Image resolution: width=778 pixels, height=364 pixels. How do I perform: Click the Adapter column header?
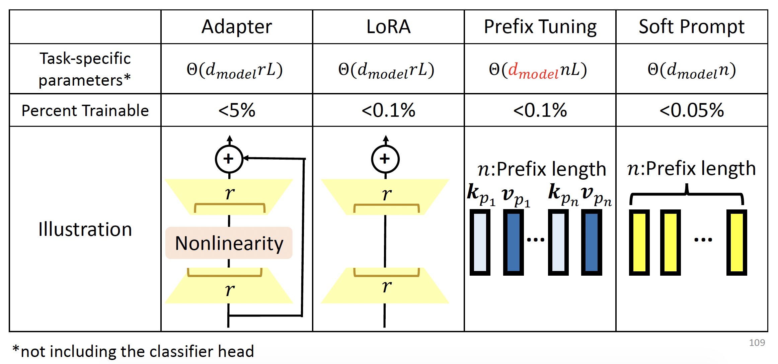point(237,27)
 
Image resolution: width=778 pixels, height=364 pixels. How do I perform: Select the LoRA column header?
point(388,27)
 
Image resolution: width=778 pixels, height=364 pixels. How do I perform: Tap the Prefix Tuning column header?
point(540,27)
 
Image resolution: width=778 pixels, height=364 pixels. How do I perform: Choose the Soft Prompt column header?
point(692,27)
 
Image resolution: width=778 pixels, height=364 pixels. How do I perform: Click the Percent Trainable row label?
point(85,110)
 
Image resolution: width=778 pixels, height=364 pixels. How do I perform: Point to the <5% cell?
point(237,110)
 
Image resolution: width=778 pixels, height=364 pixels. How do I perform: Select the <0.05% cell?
point(692,110)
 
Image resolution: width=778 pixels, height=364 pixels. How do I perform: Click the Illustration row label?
point(85,230)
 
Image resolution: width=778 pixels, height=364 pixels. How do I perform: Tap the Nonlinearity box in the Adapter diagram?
point(229,243)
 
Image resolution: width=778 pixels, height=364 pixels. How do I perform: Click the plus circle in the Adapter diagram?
point(229,159)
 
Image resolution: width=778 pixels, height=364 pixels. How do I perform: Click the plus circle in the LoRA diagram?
point(385,159)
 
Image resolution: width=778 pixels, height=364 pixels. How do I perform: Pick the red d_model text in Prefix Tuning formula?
point(533,71)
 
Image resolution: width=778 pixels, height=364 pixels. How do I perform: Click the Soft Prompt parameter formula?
point(692,70)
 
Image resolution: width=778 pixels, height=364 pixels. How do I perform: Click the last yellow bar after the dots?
point(736,243)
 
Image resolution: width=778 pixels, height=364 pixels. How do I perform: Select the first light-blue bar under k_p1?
point(480,243)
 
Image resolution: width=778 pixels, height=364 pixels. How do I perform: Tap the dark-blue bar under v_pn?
point(592,243)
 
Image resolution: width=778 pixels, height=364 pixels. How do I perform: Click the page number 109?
point(757,343)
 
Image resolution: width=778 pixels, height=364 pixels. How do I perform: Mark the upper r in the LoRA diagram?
point(386,194)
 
